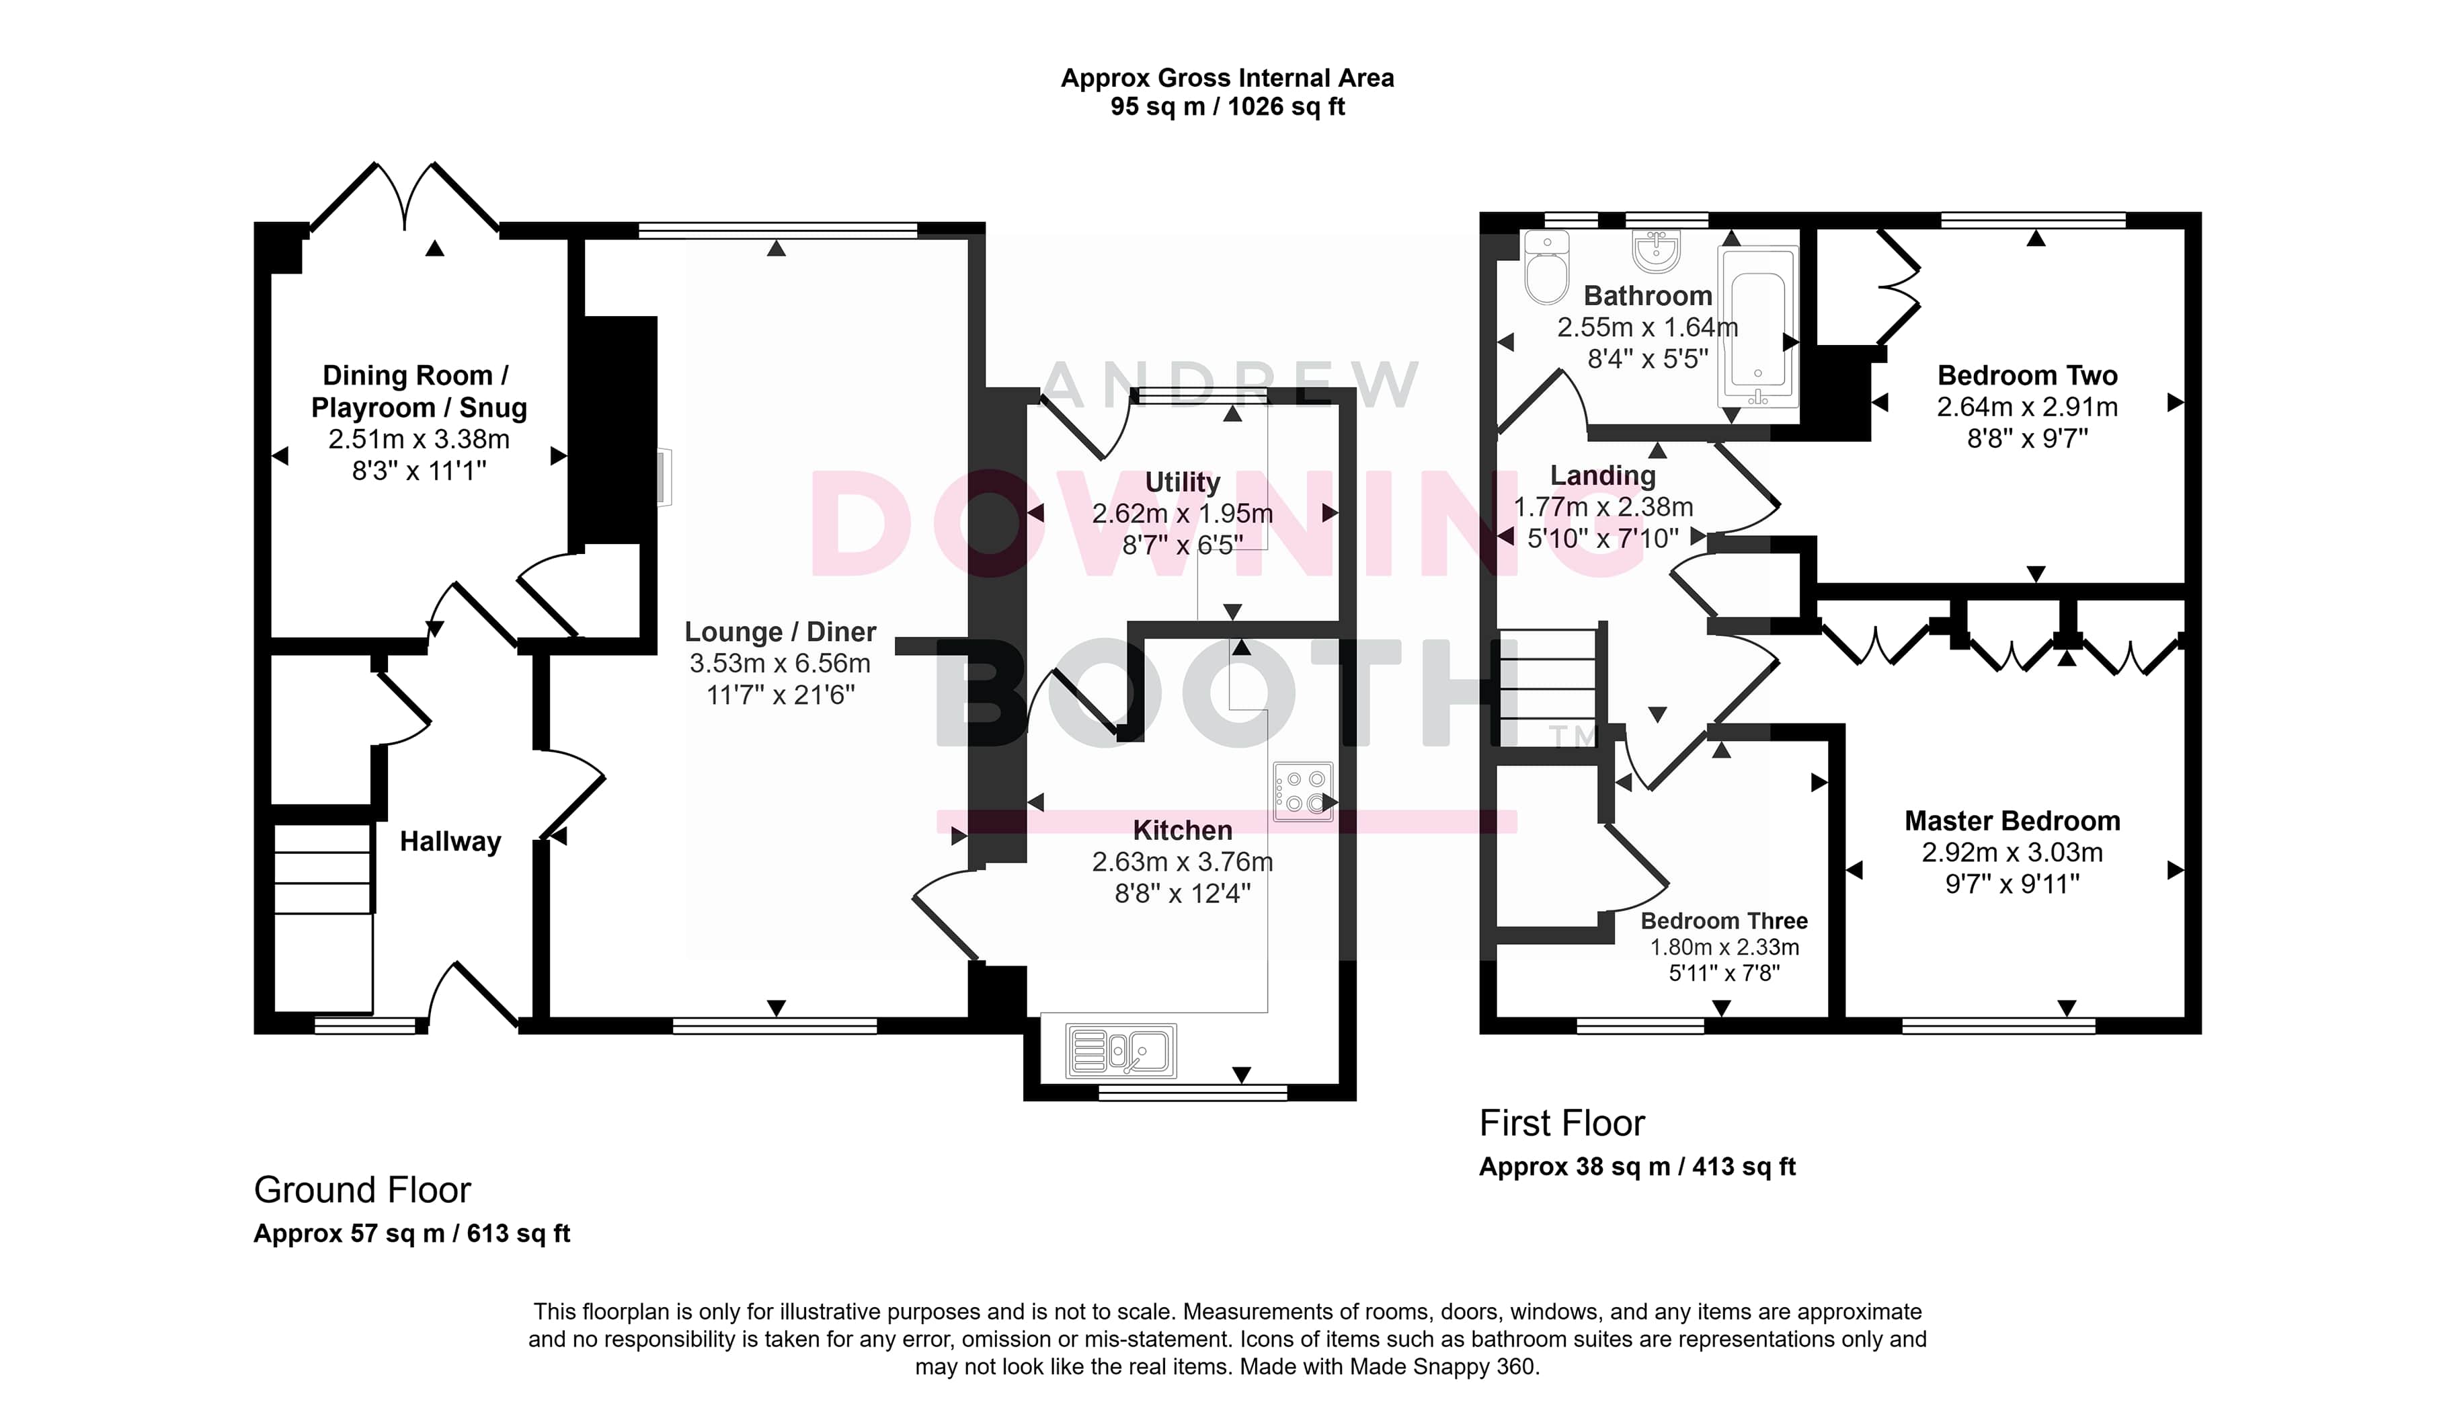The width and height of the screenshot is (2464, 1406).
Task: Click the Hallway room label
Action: pyautogui.click(x=450, y=842)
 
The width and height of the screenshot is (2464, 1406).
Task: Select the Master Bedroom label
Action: pyautogui.click(x=2012, y=821)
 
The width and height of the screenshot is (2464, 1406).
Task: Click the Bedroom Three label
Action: pyautogui.click(x=1724, y=921)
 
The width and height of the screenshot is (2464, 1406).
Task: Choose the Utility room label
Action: pyautogui.click(x=1182, y=482)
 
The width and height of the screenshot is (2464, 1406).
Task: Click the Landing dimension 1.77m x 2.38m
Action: pyautogui.click(x=1603, y=507)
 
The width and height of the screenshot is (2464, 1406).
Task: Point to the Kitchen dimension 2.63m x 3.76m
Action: pyautogui.click(x=1182, y=861)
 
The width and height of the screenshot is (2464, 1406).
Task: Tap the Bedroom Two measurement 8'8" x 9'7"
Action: pyautogui.click(x=2028, y=438)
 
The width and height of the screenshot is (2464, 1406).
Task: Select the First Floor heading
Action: pyautogui.click(x=1562, y=1123)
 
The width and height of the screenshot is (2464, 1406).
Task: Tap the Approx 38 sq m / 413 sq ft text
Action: pyautogui.click(x=1638, y=1167)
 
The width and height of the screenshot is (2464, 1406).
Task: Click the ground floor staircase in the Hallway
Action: pyautogui.click(x=323, y=917)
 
